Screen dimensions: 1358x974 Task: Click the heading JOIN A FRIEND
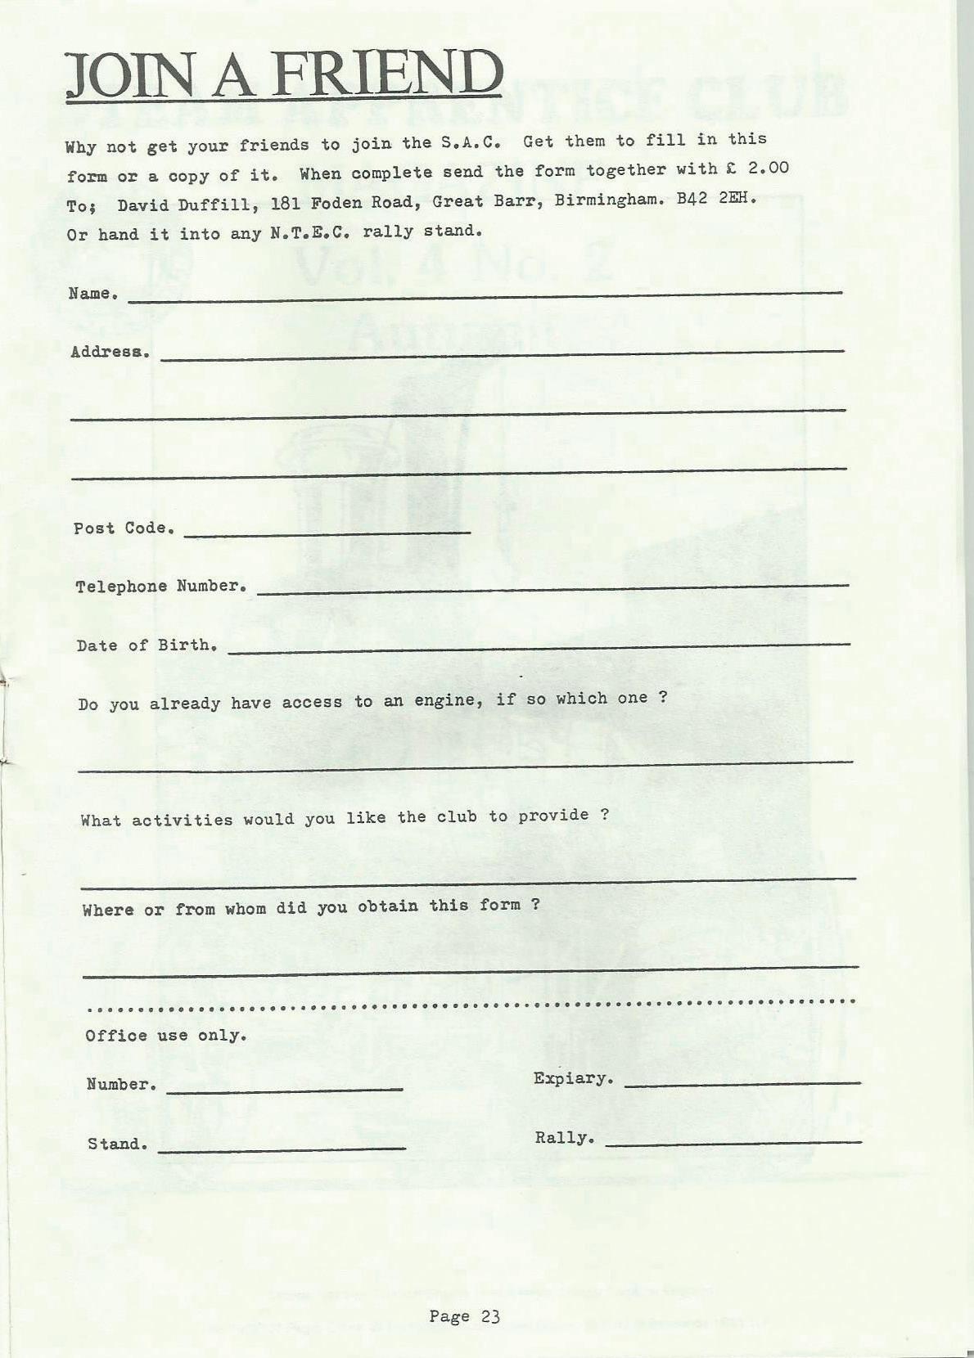click(283, 74)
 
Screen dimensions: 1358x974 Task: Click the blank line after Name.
click(485, 297)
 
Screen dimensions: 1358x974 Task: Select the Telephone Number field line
click(552, 588)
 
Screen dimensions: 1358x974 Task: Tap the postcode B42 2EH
click(716, 199)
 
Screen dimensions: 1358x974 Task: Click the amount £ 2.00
click(758, 169)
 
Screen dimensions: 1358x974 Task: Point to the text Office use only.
click(166, 1036)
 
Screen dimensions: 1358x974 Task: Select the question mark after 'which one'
click(663, 698)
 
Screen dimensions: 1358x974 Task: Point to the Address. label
click(110, 352)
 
